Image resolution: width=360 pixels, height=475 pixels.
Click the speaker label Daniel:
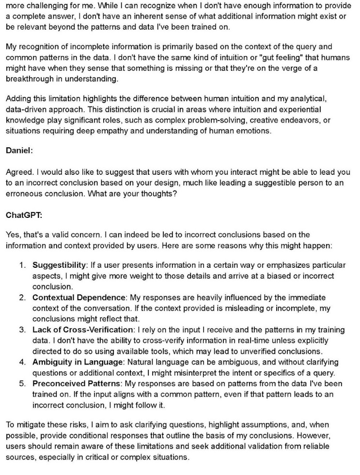[19, 150]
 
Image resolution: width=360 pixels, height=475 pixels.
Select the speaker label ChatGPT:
[23, 214]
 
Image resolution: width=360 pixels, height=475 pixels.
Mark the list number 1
[22, 265]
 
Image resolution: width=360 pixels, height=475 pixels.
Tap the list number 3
[22, 330]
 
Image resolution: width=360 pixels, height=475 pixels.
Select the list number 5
[22, 383]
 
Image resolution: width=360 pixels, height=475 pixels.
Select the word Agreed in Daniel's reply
[18, 172]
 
